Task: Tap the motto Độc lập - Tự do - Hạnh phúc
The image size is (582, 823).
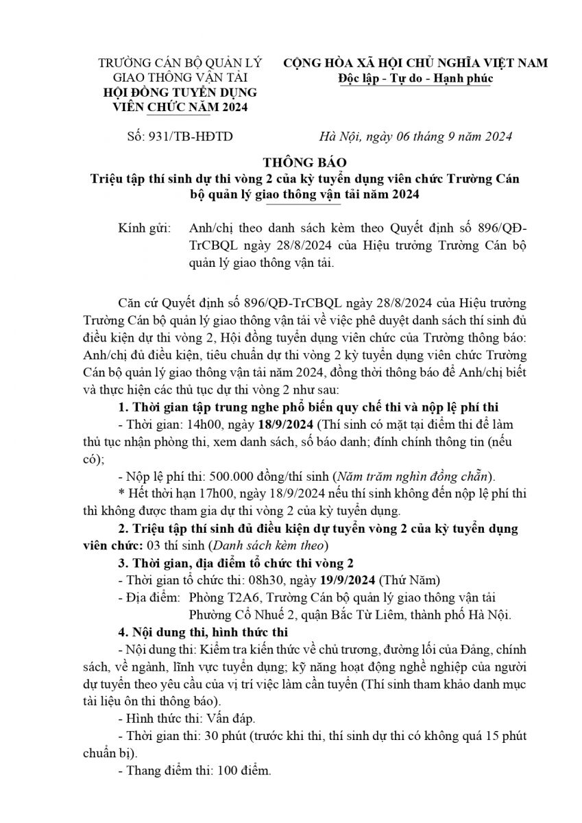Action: click(415, 78)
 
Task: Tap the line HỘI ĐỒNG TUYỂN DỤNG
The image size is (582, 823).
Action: click(175, 93)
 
